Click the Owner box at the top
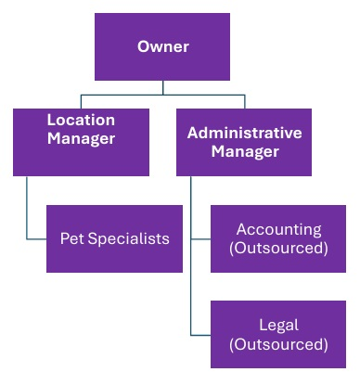[x=163, y=46]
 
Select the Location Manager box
[x=81, y=142]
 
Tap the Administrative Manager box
[x=244, y=142]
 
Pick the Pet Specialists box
[x=114, y=238]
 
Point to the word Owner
[x=163, y=46]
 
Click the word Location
[x=81, y=121]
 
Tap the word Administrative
[x=244, y=133]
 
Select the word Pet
[x=72, y=238]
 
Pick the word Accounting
[x=278, y=229]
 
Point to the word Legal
[x=278, y=326]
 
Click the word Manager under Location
[x=81, y=139]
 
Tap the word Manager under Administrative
[x=244, y=151]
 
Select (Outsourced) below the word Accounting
[x=278, y=248]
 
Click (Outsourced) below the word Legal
[x=278, y=344]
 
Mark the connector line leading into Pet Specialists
[x=37, y=238]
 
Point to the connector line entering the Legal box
[x=200, y=334]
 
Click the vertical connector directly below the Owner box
[x=163, y=87]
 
